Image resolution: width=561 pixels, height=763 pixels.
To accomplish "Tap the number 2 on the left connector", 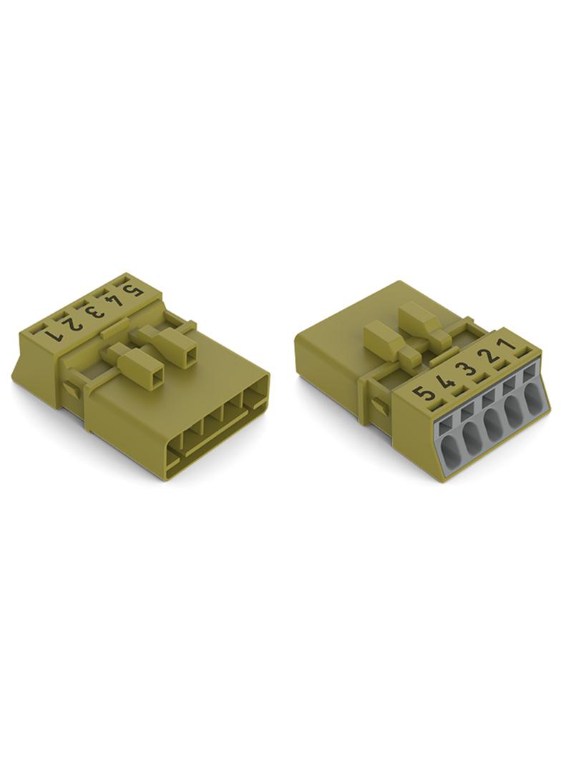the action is point(74,323).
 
